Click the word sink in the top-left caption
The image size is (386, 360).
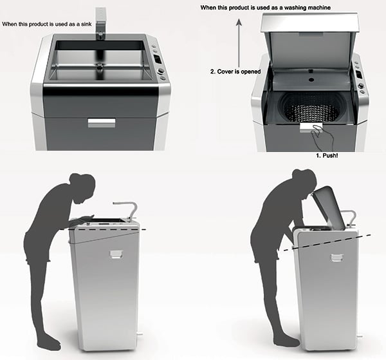click(x=87, y=24)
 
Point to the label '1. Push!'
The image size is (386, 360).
click(x=327, y=156)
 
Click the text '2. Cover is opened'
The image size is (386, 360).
click(x=235, y=71)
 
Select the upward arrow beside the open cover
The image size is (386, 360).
click(x=239, y=44)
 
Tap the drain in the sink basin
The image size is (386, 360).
click(x=100, y=66)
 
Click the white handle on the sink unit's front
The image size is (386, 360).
click(x=102, y=123)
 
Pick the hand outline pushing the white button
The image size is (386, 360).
click(x=322, y=137)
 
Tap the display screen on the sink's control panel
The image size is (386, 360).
click(x=157, y=59)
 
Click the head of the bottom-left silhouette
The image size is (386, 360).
click(x=83, y=188)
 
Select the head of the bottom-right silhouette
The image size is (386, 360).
click(x=304, y=181)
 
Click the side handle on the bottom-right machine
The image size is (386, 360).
click(x=337, y=258)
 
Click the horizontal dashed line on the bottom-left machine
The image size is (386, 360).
click(x=107, y=229)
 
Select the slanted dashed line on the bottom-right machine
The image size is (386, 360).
click(x=327, y=243)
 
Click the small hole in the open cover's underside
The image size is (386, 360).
click(x=311, y=80)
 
